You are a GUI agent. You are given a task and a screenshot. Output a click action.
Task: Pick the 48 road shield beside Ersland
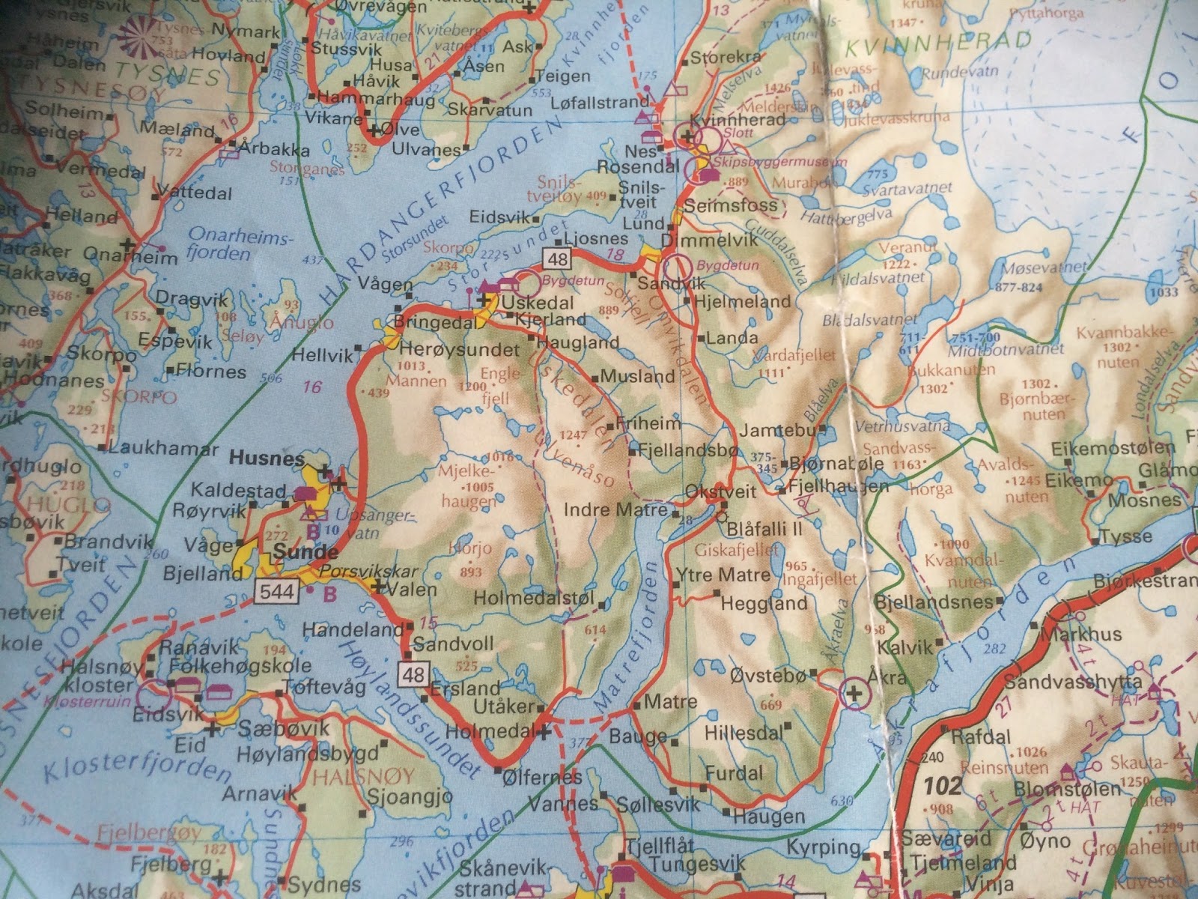tap(413, 675)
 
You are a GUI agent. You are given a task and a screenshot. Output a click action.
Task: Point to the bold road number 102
tap(942, 786)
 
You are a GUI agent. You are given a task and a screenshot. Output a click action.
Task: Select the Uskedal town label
tap(538, 303)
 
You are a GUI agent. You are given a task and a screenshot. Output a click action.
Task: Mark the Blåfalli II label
tap(764, 528)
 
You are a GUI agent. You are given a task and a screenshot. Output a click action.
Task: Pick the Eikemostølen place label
tap(1113, 449)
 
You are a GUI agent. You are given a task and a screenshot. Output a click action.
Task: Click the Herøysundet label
tap(460, 350)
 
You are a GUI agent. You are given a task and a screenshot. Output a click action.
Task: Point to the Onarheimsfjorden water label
tap(228, 245)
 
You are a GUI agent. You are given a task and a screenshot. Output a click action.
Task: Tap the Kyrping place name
tap(823, 847)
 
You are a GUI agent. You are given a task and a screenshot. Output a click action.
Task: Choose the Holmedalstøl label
tap(534, 599)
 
